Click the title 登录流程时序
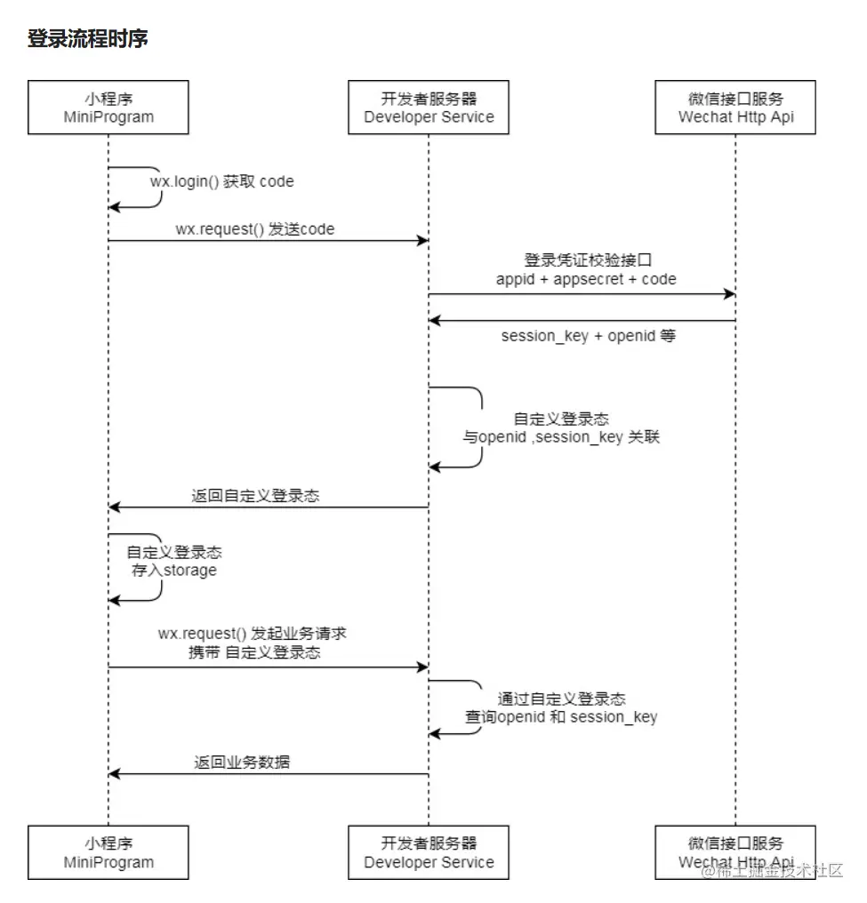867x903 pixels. [87, 39]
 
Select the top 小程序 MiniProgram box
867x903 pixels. [108, 108]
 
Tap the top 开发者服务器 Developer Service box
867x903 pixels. [429, 108]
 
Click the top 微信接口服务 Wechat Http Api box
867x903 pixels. [735, 108]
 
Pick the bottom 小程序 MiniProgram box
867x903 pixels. [108, 852]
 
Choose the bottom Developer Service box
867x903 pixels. [429, 852]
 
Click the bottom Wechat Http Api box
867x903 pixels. [735, 852]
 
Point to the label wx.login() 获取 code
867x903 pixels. [221, 181]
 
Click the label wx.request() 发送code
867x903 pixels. [254, 229]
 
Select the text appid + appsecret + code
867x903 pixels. [585, 279]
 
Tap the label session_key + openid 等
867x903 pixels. [588, 337]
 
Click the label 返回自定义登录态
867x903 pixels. [255, 497]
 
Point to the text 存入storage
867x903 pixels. [174, 571]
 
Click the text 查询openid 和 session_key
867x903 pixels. [561, 717]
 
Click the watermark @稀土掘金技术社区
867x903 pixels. [772, 871]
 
